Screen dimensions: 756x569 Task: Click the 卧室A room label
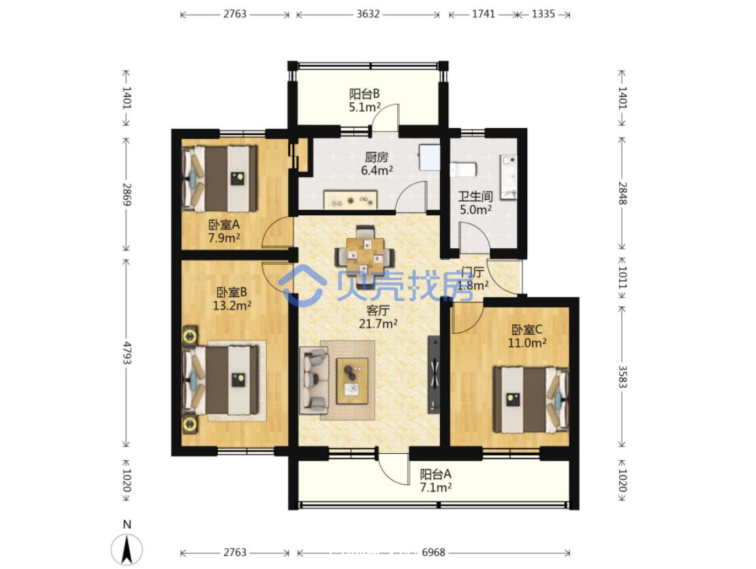[223, 225]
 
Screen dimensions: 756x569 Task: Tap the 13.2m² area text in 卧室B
[232, 306]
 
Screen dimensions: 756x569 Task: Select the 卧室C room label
[527, 330]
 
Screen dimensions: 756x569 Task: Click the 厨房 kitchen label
[377, 157]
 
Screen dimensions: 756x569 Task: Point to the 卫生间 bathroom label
[475, 196]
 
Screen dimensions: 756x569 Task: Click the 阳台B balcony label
[364, 93]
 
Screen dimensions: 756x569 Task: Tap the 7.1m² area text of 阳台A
[436, 487]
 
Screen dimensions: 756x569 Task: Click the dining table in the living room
[366, 254]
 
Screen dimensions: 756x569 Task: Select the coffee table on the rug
[352, 381]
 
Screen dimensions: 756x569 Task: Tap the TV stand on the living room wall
[434, 374]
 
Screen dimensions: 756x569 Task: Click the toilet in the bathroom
[463, 170]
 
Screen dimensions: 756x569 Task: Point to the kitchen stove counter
[350, 200]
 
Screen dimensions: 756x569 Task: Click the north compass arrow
[127, 550]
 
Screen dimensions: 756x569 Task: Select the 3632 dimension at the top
[368, 14]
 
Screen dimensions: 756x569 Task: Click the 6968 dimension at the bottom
[433, 553]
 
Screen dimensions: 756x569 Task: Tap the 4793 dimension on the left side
[127, 353]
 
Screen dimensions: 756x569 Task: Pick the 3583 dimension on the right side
[623, 377]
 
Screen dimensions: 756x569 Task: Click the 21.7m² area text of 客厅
[378, 324]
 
